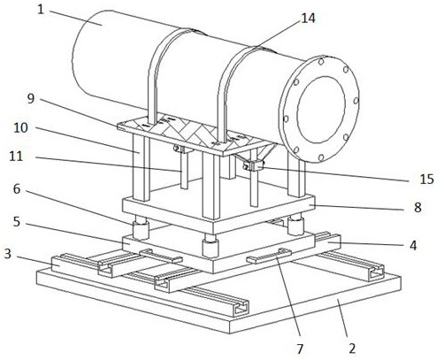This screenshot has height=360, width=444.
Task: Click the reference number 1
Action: coord(41,10)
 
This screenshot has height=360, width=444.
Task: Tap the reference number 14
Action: coord(308,19)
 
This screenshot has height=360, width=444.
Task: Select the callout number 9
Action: coord(31,98)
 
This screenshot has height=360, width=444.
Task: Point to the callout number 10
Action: coord(20,128)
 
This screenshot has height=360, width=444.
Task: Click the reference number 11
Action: coord(16,156)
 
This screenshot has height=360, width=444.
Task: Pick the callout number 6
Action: coord(17,189)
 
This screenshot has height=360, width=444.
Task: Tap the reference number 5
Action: coord(17,222)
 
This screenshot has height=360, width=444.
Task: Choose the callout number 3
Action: coord(8,254)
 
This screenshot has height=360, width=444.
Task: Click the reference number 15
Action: coord(426,180)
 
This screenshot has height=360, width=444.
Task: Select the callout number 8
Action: coord(417,208)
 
